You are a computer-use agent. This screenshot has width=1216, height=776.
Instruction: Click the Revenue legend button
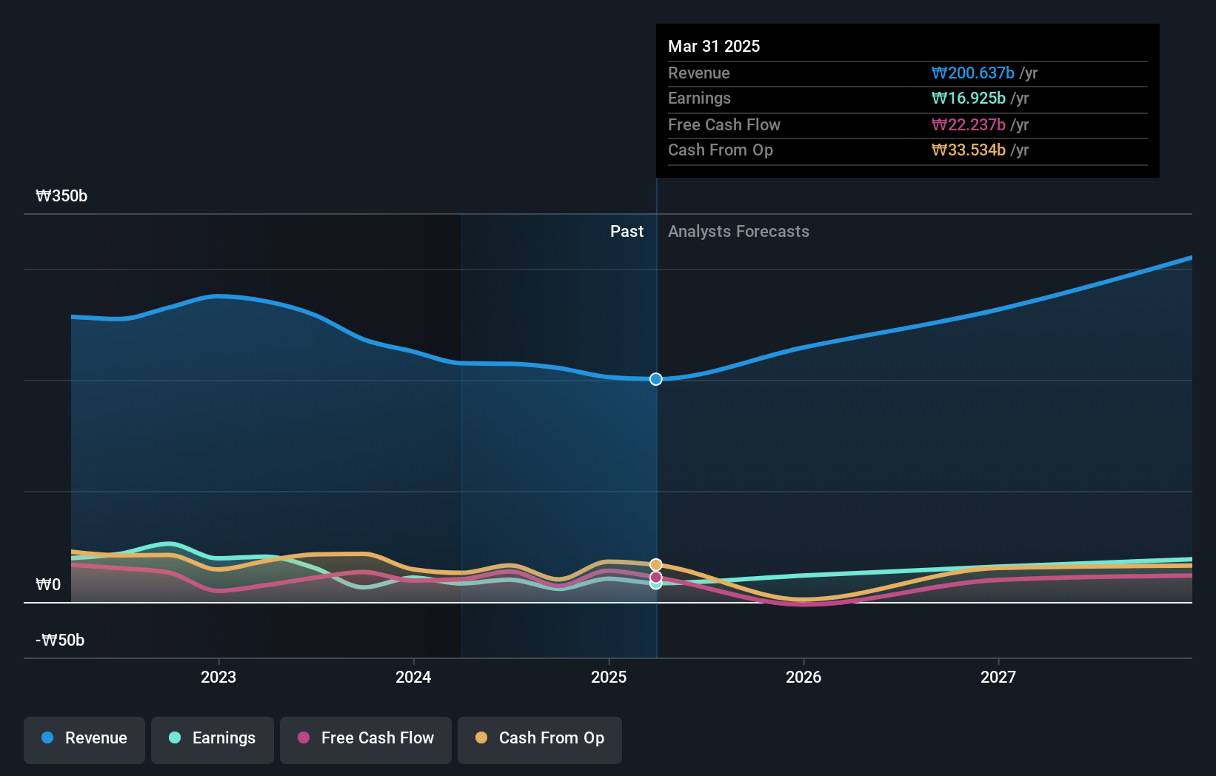click(x=84, y=738)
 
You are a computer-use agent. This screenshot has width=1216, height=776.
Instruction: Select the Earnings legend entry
click(x=213, y=738)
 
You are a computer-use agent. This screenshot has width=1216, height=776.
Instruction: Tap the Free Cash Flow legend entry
click(x=366, y=738)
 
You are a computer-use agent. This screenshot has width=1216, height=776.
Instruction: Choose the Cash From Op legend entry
click(x=540, y=738)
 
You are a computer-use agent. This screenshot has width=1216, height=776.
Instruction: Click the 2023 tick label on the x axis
click(x=218, y=677)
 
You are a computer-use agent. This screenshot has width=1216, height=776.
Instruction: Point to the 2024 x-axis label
click(x=413, y=677)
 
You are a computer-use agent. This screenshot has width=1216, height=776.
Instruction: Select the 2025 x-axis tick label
click(x=609, y=677)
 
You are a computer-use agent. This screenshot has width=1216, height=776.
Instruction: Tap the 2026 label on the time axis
click(x=804, y=677)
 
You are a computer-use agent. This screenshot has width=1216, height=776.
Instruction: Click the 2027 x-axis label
click(x=998, y=677)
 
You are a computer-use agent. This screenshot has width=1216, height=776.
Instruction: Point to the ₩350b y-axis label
click(x=61, y=196)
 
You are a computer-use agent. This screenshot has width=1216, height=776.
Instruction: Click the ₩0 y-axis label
click(x=48, y=585)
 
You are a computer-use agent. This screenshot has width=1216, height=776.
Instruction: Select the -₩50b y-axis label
click(x=60, y=640)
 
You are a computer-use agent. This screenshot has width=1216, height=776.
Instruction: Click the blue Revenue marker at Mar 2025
click(x=656, y=379)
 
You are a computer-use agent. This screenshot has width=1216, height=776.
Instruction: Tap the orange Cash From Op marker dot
click(x=656, y=565)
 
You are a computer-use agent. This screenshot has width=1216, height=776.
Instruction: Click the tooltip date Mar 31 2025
click(x=714, y=46)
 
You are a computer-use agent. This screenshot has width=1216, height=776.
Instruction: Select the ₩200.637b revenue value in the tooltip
click(x=972, y=73)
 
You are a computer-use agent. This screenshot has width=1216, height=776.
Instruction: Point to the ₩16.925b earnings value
click(x=968, y=98)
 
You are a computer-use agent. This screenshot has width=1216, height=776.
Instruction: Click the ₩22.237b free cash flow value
click(x=968, y=124)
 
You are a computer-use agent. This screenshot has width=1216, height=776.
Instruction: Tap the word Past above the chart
click(x=627, y=232)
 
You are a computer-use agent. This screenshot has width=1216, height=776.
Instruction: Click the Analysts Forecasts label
click(x=738, y=232)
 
